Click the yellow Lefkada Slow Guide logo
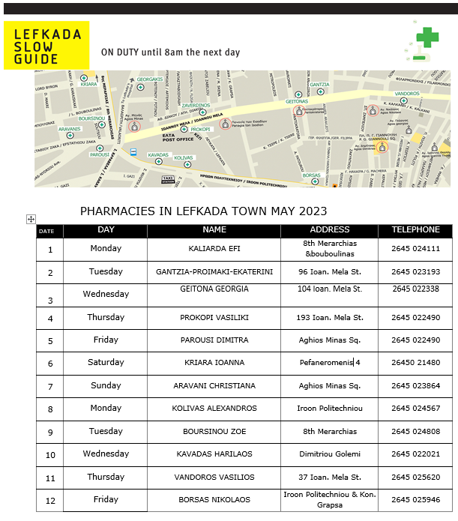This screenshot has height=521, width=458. [x=46, y=46]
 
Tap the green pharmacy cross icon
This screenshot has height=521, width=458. [x=427, y=37]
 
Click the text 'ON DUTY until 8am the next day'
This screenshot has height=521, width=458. [x=170, y=52]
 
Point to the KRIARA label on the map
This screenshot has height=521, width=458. [x=88, y=84]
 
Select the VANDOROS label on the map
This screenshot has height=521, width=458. [x=407, y=94]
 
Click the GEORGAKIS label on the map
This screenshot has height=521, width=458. [x=149, y=79]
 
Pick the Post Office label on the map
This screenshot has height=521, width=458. [x=178, y=138]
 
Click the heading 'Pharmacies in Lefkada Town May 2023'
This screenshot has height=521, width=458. [x=203, y=211]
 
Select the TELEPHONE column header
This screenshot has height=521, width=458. [x=415, y=230]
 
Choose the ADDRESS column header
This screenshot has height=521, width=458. [x=330, y=230]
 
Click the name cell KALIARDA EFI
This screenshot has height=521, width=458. [x=214, y=248]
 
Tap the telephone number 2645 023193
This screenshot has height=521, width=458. [x=415, y=271]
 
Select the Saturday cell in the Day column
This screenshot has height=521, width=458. [x=106, y=362]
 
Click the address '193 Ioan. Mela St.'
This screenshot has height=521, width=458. [x=330, y=317]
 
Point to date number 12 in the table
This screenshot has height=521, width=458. [x=50, y=500]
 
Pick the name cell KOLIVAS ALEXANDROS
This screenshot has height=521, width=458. [x=214, y=409]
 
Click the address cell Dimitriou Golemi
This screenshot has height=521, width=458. [x=330, y=454]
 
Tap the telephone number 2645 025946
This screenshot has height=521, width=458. [x=415, y=499]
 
